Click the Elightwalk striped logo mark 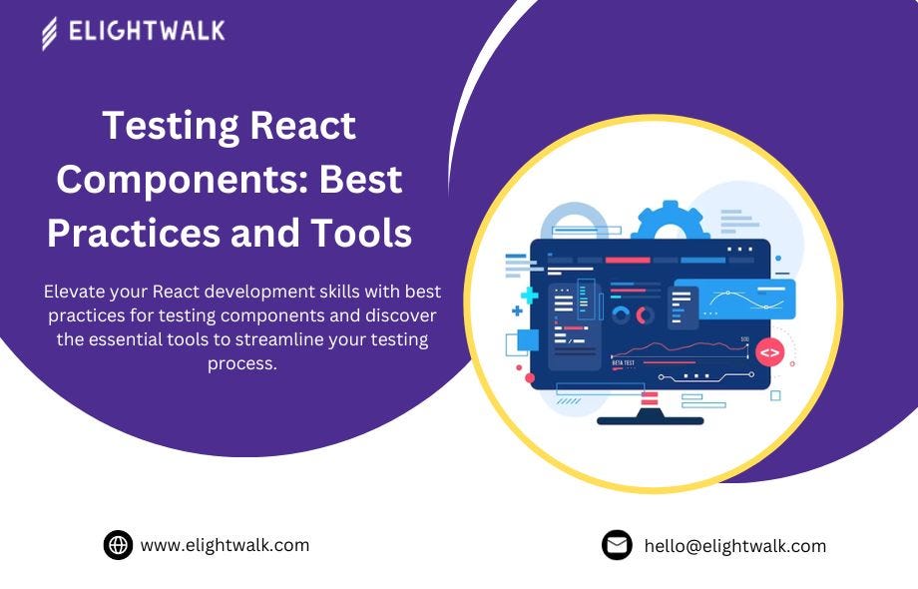[50, 33]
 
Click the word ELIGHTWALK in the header [147, 31]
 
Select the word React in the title [302, 126]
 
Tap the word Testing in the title [171, 127]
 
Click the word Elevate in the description [75, 292]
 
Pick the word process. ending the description [241, 364]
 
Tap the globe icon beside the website [119, 545]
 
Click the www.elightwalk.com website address [225, 545]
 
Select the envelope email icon [617, 545]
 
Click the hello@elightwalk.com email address [734, 546]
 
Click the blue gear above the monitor [670, 222]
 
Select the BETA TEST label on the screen [623, 363]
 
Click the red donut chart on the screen [645, 315]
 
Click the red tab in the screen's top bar [628, 260]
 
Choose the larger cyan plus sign [529, 295]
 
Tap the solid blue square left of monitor [528, 340]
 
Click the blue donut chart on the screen [621, 315]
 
